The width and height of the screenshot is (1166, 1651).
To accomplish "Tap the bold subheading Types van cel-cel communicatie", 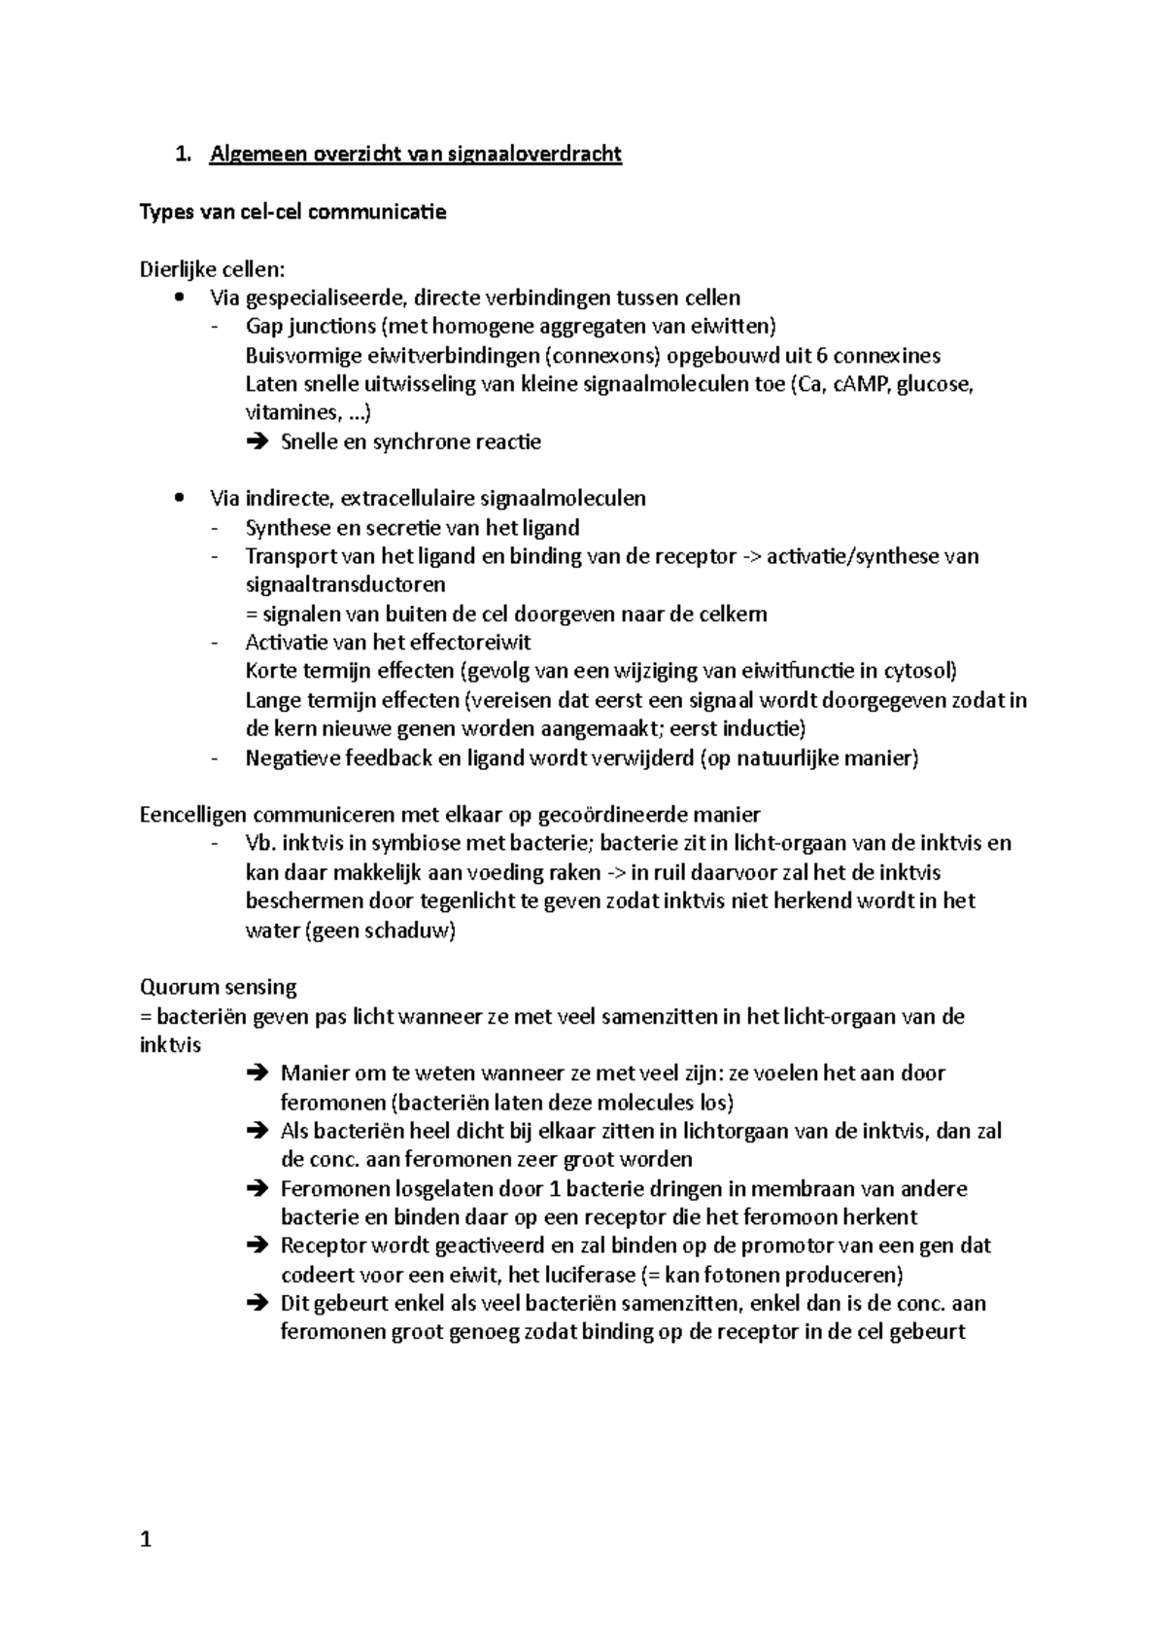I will pyautogui.click(x=293, y=212).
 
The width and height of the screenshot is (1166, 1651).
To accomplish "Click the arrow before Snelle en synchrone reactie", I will pyautogui.click(x=257, y=442).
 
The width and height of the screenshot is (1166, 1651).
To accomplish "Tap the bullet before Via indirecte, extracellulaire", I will pyautogui.click(x=177, y=499).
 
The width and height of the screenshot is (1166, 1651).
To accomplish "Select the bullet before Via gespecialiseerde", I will pyautogui.click(x=177, y=298).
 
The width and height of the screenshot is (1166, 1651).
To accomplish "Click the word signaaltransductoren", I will pyautogui.click(x=346, y=584).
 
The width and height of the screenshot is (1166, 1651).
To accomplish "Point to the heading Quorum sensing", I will pyautogui.click(x=219, y=987).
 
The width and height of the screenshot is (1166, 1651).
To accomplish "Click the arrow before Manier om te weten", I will pyautogui.click(x=257, y=1073).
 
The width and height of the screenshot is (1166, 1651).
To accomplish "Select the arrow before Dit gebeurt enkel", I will pyautogui.click(x=257, y=1303).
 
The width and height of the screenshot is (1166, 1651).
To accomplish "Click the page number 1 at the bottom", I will pyautogui.click(x=146, y=1539).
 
